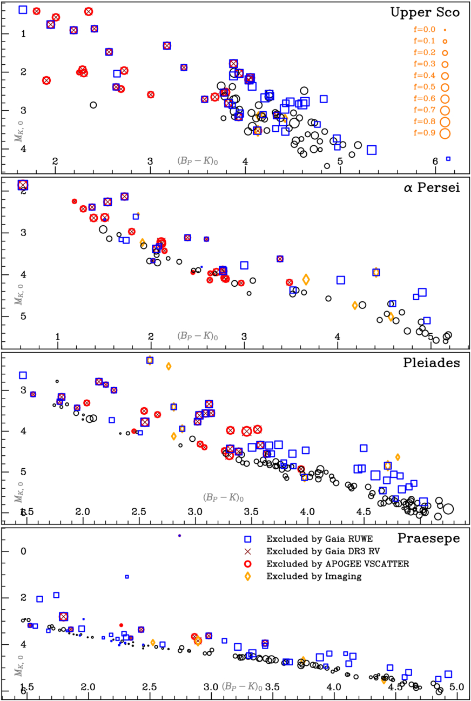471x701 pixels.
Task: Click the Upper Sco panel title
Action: pyautogui.click(x=425, y=12)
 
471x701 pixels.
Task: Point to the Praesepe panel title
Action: pyautogui.click(x=429, y=538)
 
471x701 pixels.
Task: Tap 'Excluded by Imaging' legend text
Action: pyautogui.click(x=305, y=576)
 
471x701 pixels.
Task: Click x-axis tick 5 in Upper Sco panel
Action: pyautogui.click(x=340, y=161)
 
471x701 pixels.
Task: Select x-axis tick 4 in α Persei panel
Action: pyautogui.click(x=338, y=337)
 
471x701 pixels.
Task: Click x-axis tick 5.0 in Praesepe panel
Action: pyautogui.click(x=457, y=687)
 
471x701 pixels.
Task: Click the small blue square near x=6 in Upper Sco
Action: pyautogui.click(x=448, y=159)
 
